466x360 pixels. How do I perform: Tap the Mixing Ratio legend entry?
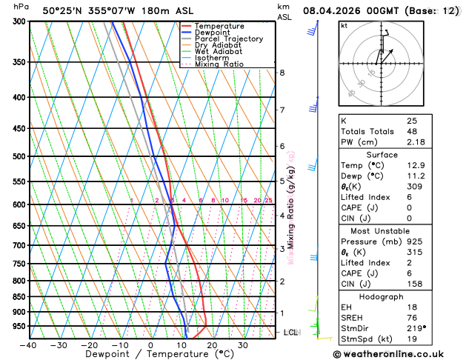tap(219, 64)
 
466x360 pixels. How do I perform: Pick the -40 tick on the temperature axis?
tap(28, 345)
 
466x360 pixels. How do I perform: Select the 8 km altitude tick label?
tap(282, 73)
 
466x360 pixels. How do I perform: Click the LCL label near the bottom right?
tap(290, 333)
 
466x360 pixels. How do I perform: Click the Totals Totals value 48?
tap(412, 131)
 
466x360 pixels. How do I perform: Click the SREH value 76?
tap(412, 319)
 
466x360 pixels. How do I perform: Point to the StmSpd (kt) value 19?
tap(412, 340)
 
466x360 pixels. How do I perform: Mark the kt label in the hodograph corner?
tap(344, 25)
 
